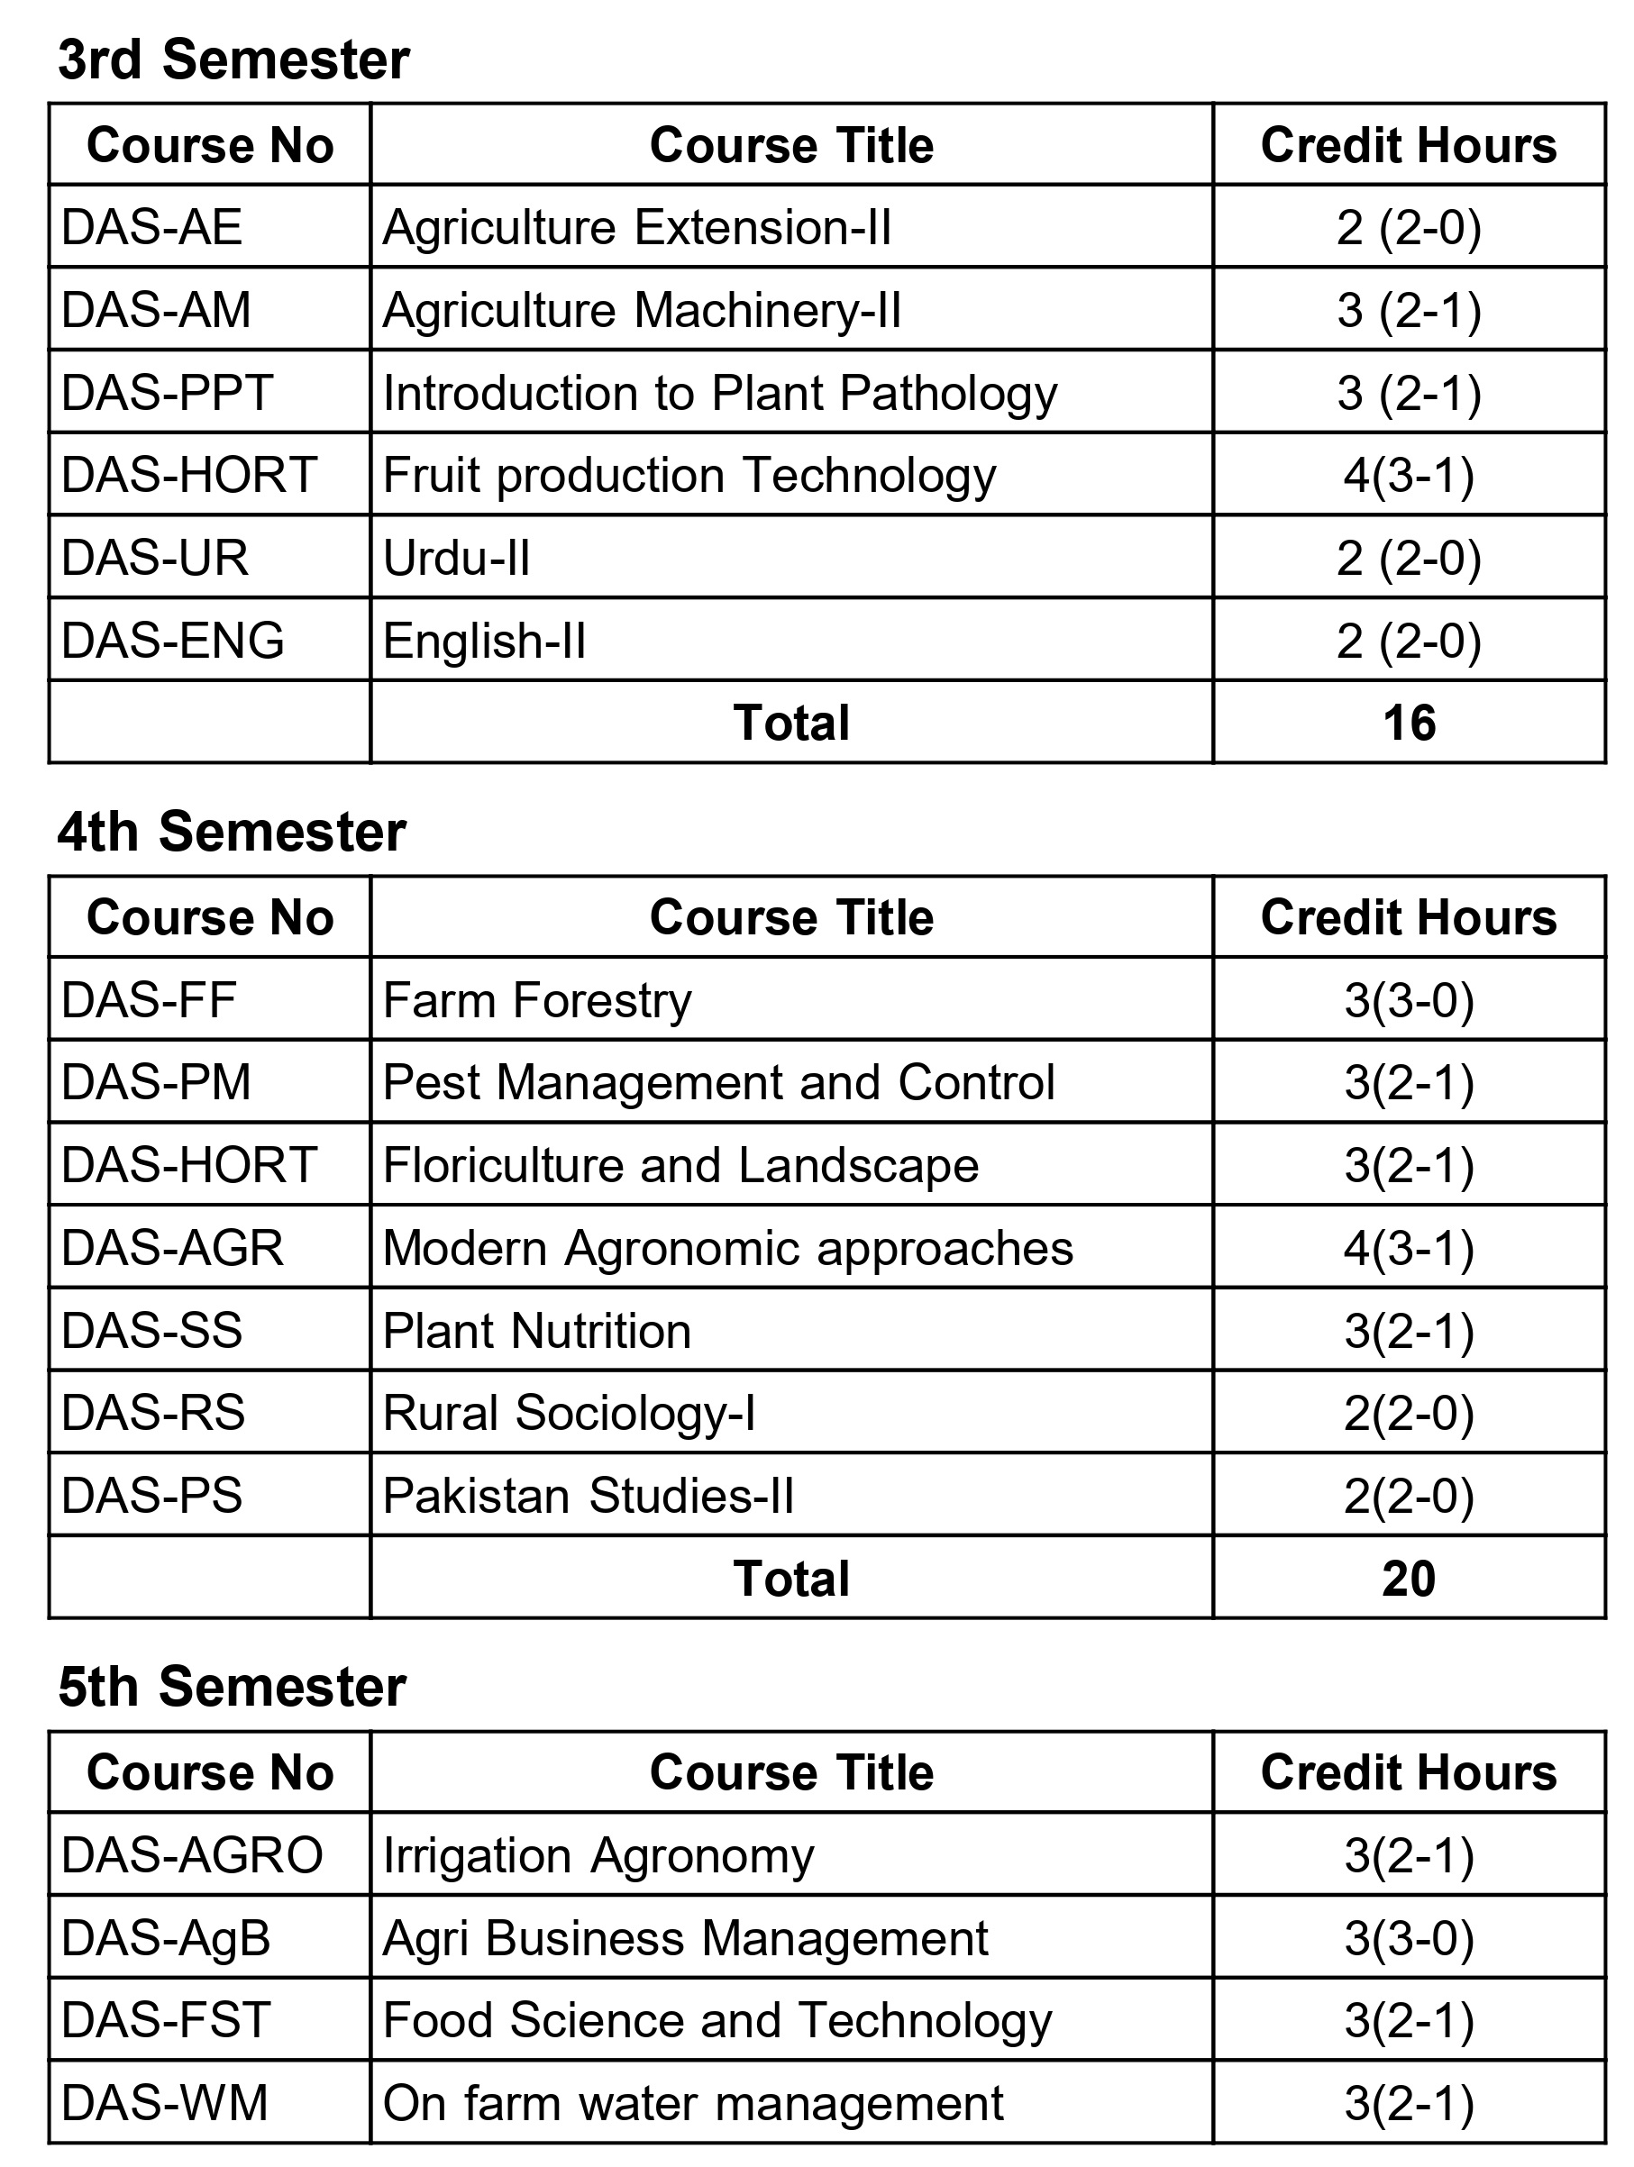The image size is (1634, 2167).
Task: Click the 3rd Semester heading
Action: [x=233, y=59]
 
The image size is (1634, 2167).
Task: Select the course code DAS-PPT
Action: [x=167, y=393]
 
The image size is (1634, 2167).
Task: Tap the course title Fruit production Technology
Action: [x=689, y=476]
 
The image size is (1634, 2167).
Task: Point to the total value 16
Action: [x=1408, y=723]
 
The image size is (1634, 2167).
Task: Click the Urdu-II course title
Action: [x=457, y=559]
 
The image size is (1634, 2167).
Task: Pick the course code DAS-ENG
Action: [x=172, y=641]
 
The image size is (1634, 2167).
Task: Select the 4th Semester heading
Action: [x=232, y=832]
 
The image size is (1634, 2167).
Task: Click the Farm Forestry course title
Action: [x=537, y=1000]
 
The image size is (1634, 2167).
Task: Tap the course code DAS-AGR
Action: [x=172, y=1248]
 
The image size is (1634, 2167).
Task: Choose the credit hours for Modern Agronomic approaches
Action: [x=1408, y=1248]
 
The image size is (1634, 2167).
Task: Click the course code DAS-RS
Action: [x=153, y=1413]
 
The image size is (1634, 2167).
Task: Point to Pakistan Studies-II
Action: [x=588, y=1496]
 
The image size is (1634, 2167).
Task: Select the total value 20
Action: [x=1408, y=1579]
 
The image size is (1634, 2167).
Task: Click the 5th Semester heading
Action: [x=232, y=1687]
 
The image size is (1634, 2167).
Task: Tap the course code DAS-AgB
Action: [x=166, y=1939]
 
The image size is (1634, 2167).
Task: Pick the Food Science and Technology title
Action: [x=717, y=2021]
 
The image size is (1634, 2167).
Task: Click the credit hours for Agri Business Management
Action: [x=1408, y=1939]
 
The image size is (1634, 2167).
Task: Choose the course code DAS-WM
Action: [x=165, y=2103]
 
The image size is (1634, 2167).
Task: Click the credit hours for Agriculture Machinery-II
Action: [x=1408, y=311]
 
